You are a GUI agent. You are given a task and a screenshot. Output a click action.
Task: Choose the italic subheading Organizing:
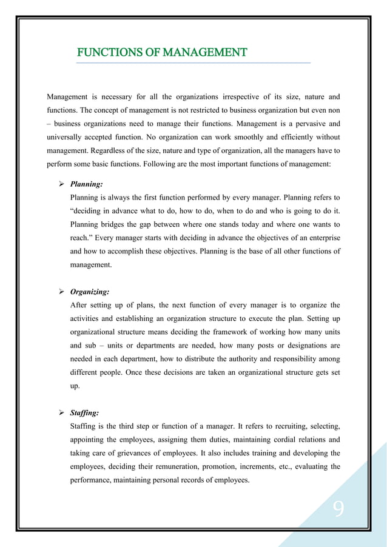pyautogui.click(x=90, y=291)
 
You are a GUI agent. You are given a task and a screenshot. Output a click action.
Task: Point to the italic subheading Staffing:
pyautogui.click(x=85, y=413)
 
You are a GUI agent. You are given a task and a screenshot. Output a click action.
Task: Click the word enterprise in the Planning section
pyautogui.click(x=321, y=238)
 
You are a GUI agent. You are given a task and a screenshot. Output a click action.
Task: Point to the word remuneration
pyautogui.click(x=179, y=466)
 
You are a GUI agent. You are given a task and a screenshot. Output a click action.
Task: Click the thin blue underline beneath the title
pyautogui.click(x=193, y=62)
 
